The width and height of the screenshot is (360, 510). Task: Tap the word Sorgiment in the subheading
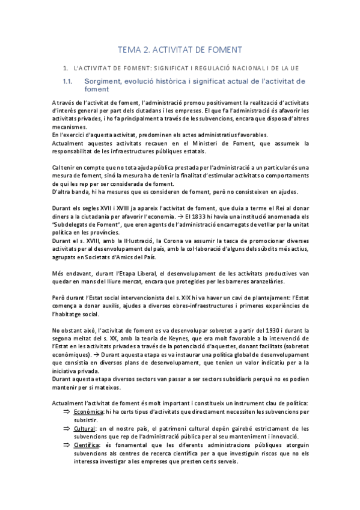pos(104,81)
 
